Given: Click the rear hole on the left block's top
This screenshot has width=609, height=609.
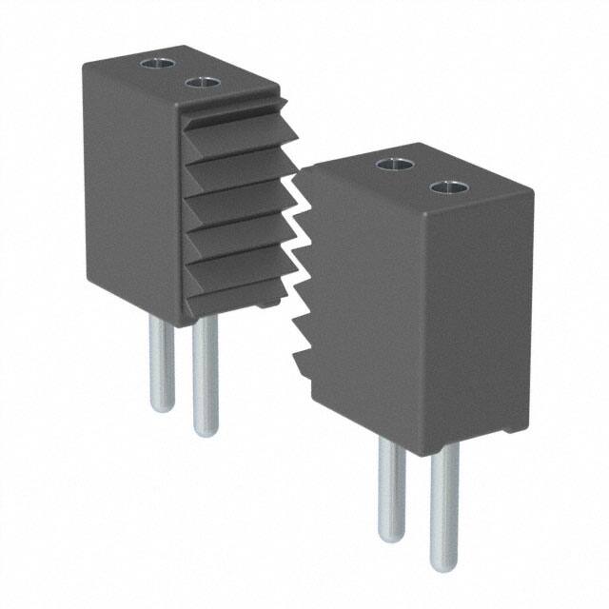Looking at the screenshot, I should point(154,64).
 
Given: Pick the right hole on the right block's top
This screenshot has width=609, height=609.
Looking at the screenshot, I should point(444,187).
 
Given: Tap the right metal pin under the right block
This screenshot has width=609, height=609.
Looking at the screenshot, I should point(442,504).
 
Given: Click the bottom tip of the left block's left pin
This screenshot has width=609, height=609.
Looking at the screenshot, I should point(163,407).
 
